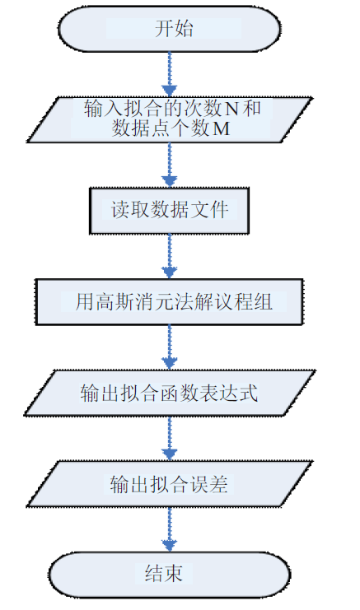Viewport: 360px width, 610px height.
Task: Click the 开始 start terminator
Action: [x=169, y=28]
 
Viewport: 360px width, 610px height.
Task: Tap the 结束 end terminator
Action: [x=169, y=575]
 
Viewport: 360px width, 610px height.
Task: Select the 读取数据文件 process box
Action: [x=169, y=211]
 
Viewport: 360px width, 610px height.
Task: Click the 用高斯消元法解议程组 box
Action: [x=169, y=302]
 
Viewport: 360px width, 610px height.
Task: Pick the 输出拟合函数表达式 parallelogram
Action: [x=169, y=393]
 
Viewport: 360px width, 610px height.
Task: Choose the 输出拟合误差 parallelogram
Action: [x=169, y=484]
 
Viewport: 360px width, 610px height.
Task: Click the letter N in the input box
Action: [x=231, y=109]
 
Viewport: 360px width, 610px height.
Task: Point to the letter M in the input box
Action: [x=221, y=128]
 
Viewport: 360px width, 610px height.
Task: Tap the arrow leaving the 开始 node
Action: [x=170, y=74]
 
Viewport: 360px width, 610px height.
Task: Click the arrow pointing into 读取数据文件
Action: [x=170, y=165]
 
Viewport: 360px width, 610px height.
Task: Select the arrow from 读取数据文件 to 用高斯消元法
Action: [x=170, y=256]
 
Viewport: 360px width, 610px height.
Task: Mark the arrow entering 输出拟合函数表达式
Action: [x=170, y=347]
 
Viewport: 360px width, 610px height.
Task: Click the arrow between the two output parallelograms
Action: [x=170, y=439]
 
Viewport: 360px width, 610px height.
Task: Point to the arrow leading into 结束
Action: [x=170, y=529]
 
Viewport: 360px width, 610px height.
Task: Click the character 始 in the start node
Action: [x=184, y=29]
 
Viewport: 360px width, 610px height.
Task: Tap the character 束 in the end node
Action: [x=174, y=574]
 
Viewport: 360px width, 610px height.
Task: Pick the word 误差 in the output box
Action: [x=208, y=484]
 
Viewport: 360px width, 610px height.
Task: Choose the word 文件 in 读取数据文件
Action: [x=208, y=210]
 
